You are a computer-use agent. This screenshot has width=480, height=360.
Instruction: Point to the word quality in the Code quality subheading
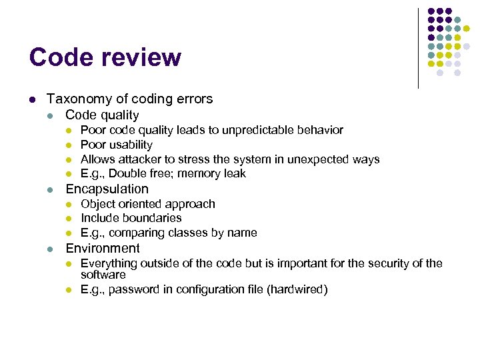point(117,115)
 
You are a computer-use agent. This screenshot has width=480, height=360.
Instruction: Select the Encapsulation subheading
point(107,189)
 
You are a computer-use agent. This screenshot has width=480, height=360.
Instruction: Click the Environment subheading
point(102,249)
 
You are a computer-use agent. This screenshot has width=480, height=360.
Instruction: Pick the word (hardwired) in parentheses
point(297,289)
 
